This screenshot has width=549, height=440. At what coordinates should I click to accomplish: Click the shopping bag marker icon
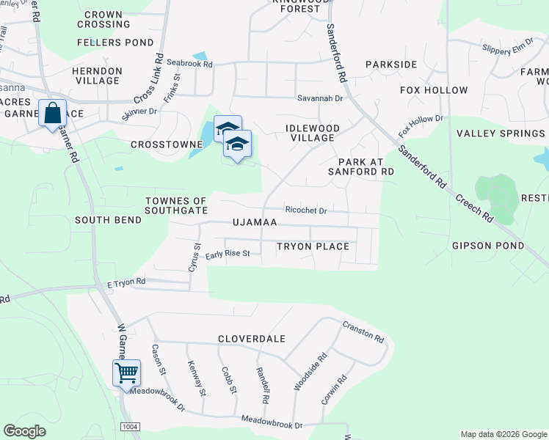coord(52,114)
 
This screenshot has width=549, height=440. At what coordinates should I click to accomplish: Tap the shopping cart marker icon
coord(126,373)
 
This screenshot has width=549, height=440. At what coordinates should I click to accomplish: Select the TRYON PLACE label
coord(313,246)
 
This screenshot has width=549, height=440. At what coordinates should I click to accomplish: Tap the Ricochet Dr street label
coord(306,210)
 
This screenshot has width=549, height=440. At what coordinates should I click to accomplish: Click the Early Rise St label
coord(228,254)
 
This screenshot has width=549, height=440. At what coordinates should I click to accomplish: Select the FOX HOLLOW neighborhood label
coord(434,90)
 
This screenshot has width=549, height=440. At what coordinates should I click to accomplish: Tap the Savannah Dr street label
coord(320,98)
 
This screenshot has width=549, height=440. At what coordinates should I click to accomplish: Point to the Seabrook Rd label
coord(189,65)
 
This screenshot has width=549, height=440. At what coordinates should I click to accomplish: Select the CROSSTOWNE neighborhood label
coord(161,145)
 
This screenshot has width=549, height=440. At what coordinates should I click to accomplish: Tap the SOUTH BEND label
coord(108,220)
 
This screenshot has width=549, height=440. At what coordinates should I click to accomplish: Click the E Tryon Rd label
coord(126,282)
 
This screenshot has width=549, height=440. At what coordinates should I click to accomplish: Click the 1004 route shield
coord(131,427)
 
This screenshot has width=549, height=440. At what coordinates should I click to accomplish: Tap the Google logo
coord(25,431)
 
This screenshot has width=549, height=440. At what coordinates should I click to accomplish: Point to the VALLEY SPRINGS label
coord(501,133)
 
